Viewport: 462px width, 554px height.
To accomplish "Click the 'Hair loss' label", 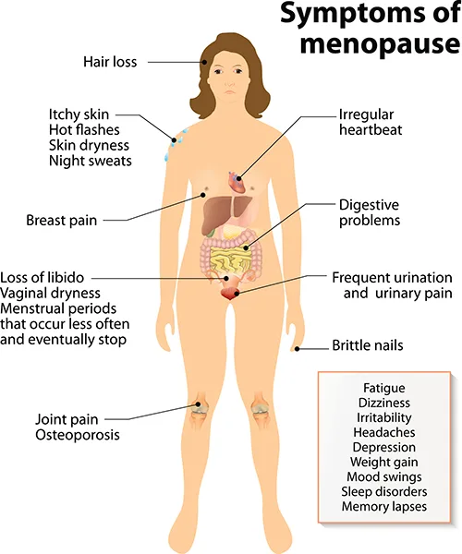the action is (110, 62).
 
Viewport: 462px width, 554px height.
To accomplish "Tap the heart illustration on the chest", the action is (237, 181).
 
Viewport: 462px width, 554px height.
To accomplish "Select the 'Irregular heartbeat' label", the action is (371, 122).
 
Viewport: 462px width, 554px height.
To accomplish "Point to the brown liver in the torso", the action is (225, 213).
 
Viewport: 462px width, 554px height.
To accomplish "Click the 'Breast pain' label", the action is (62, 220).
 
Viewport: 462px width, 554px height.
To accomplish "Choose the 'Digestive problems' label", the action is (370, 212).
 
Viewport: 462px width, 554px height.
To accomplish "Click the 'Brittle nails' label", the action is (368, 345).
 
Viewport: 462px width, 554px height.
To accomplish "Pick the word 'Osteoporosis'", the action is (78, 435).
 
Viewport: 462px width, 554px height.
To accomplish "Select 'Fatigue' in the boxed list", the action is (383, 388).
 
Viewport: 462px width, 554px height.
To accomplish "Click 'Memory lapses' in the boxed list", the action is (383, 506).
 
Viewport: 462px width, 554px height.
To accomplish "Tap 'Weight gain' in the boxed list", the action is (383, 463).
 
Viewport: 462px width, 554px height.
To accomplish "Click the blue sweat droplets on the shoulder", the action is (175, 144).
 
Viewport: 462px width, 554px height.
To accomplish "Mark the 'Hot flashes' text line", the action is (84, 130).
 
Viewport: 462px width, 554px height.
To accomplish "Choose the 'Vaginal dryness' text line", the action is (50, 294).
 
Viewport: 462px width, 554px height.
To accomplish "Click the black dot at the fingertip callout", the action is (298, 349).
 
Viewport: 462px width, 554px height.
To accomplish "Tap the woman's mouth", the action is (230, 91).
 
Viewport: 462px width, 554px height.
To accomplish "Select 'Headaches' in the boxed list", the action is (383, 432).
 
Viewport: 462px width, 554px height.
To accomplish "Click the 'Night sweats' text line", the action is (91, 161).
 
